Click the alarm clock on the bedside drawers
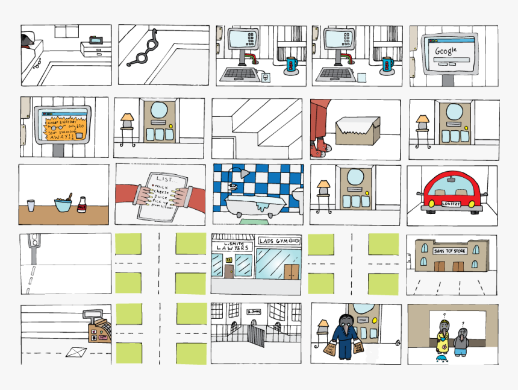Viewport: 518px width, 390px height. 96,40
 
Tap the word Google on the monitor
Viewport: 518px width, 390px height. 446,51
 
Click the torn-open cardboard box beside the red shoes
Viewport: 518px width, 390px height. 357,130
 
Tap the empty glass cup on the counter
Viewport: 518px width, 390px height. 31,206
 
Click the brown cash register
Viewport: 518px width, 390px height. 97,329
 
